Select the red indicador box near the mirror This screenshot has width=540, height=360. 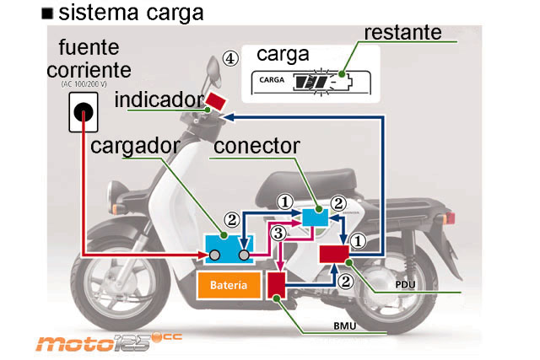pyautogui.click(x=216, y=101)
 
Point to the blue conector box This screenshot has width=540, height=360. pyautogui.click(x=316, y=216)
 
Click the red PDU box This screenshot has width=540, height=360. pyautogui.click(x=334, y=252)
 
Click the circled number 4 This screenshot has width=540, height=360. pyautogui.click(x=229, y=58)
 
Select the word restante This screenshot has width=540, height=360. pyautogui.click(x=403, y=33)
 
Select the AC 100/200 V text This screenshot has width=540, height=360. pyautogui.click(x=89, y=84)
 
